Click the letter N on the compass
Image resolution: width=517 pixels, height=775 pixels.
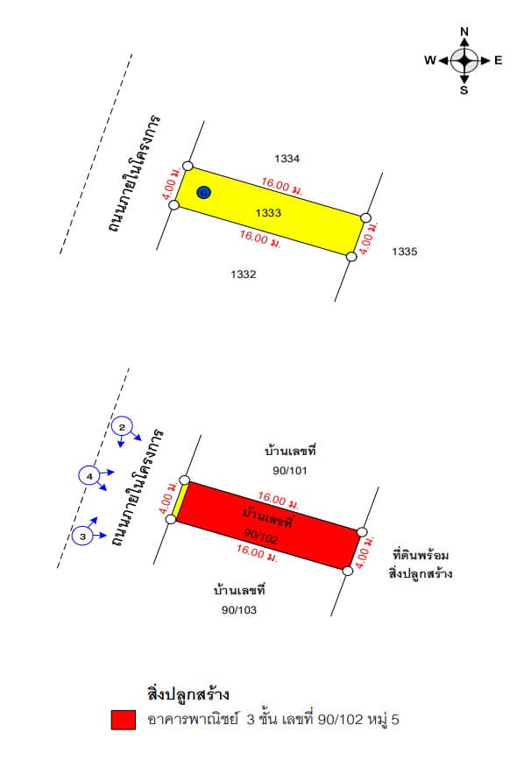tap(464, 32)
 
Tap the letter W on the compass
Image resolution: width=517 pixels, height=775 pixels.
tap(430, 60)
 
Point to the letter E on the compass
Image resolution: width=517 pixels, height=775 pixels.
tap(498, 60)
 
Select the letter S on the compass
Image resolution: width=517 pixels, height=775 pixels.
tap(464, 90)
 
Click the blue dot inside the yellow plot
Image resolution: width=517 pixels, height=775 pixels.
tap(203, 192)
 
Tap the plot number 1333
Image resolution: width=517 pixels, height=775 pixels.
tap(268, 212)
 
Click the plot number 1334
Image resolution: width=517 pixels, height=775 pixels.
tap(287, 159)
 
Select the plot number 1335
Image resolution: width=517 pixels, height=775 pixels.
tap(405, 252)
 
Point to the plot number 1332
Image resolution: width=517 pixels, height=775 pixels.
tap(244, 274)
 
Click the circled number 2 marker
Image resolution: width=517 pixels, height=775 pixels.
tap(122, 427)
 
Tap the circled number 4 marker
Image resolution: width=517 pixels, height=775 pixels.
tap(89, 476)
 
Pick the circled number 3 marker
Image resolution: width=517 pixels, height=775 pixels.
tap(82, 537)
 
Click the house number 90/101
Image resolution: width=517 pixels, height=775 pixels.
tap(290, 471)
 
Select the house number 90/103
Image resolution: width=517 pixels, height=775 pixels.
tap(239, 610)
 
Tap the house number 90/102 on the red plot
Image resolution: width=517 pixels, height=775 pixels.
tap(261, 536)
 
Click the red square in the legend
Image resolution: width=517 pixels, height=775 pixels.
tap(124, 720)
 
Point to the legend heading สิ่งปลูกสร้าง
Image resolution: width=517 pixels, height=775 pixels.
tap(188, 694)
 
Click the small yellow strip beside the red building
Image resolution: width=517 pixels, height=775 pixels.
tap(180, 501)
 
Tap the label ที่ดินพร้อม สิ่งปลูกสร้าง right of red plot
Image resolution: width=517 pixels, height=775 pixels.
tap(421, 565)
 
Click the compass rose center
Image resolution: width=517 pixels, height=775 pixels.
tap(464, 60)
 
